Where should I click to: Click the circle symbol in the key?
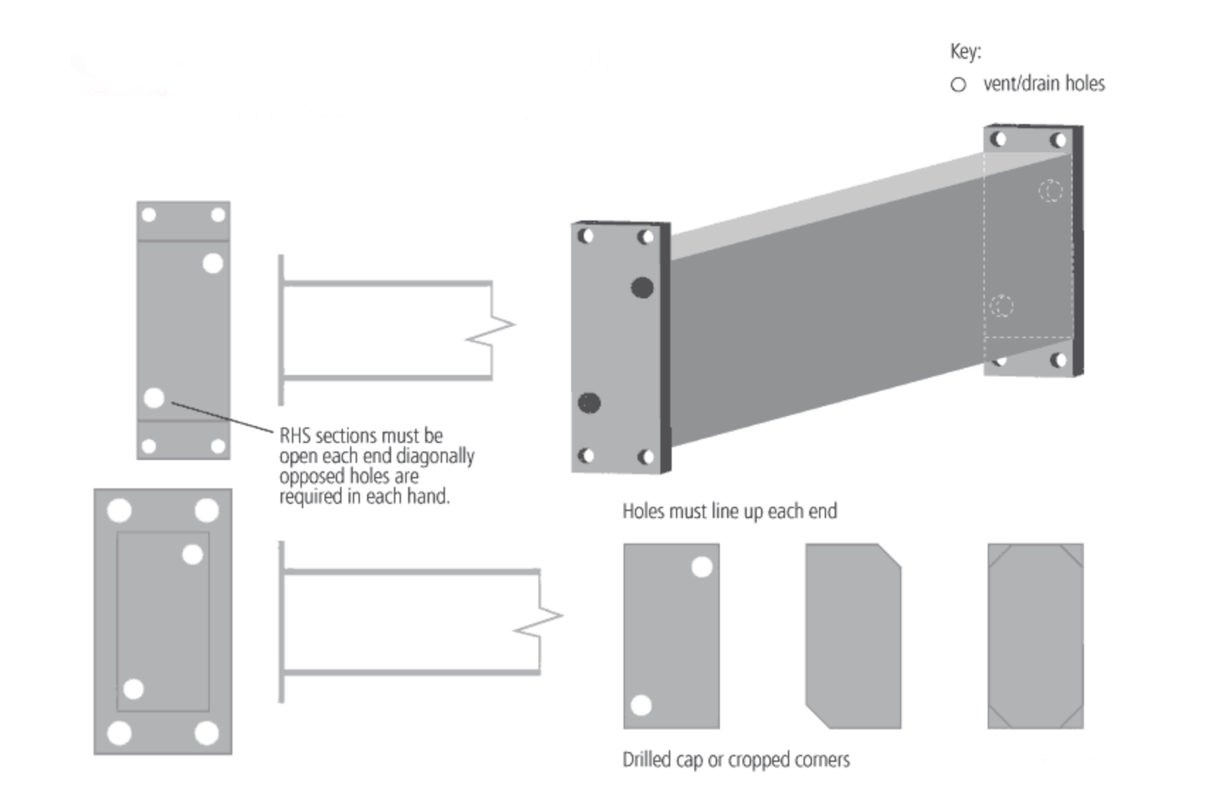pyautogui.click(x=958, y=85)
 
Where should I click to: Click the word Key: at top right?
pyautogui.click(x=965, y=52)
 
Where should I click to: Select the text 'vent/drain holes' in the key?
pyautogui.click(x=1044, y=84)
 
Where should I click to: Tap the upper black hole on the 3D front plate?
pyautogui.click(x=642, y=287)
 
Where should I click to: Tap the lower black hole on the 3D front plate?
pyautogui.click(x=589, y=403)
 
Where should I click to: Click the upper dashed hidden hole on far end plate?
pyautogui.click(x=1050, y=191)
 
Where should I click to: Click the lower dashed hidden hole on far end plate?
pyautogui.click(x=1002, y=305)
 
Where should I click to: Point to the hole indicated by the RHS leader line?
pyautogui.click(x=154, y=398)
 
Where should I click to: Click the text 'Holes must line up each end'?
pyautogui.click(x=729, y=511)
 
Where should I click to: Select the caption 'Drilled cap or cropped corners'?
pyautogui.click(x=735, y=760)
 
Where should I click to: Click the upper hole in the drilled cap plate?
pyautogui.click(x=701, y=567)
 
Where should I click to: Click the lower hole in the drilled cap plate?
pyautogui.click(x=641, y=705)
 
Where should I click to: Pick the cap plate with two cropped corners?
pyautogui.click(x=853, y=636)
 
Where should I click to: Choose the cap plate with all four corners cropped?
pyautogui.click(x=1035, y=636)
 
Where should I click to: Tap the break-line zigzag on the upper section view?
pyautogui.click(x=492, y=331)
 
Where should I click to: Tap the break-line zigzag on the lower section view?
pyautogui.click(x=540, y=622)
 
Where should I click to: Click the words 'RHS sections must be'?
pyautogui.click(x=361, y=435)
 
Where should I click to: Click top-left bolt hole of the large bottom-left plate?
pyautogui.click(x=119, y=510)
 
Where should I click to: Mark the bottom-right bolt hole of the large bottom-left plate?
pyautogui.click(x=206, y=732)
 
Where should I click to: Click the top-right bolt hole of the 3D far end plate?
pyautogui.click(x=1058, y=140)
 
